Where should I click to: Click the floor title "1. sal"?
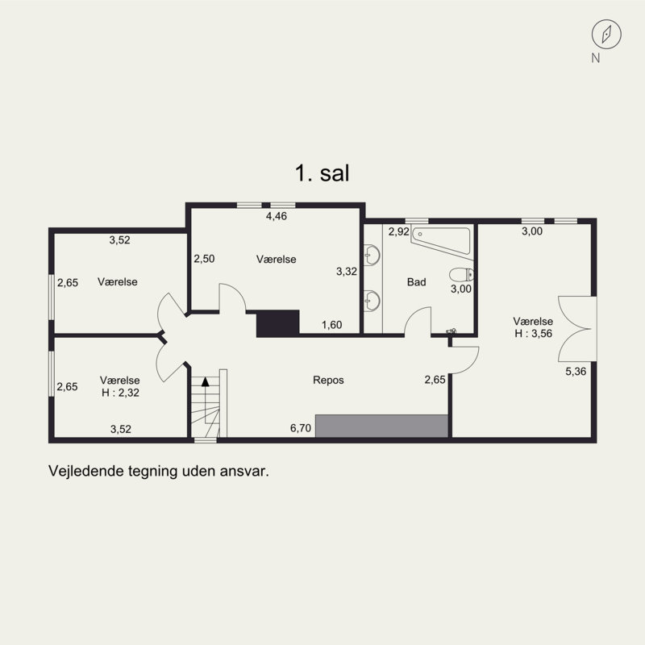(x=322, y=173)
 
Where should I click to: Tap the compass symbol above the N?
(x=606, y=34)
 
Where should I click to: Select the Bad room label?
(x=416, y=282)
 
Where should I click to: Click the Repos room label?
(x=328, y=380)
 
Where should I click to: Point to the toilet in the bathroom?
(x=461, y=274)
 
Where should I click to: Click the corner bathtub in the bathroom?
(x=442, y=243)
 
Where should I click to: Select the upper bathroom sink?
(x=372, y=255)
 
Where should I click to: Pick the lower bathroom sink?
(x=372, y=301)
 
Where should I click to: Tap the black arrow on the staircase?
(x=206, y=381)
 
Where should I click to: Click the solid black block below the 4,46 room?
(x=277, y=324)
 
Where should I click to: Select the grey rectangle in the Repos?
(x=381, y=427)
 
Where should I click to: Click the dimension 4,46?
(x=277, y=216)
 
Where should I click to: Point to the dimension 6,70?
(x=301, y=428)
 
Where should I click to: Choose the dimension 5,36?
(x=576, y=372)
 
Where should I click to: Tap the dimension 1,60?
(x=332, y=325)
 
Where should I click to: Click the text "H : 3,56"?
(x=534, y=333)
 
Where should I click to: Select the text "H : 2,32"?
(x=120, y=393)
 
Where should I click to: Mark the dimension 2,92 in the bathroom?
(x=399, y=231)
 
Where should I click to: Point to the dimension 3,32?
(x=347, y=272)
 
